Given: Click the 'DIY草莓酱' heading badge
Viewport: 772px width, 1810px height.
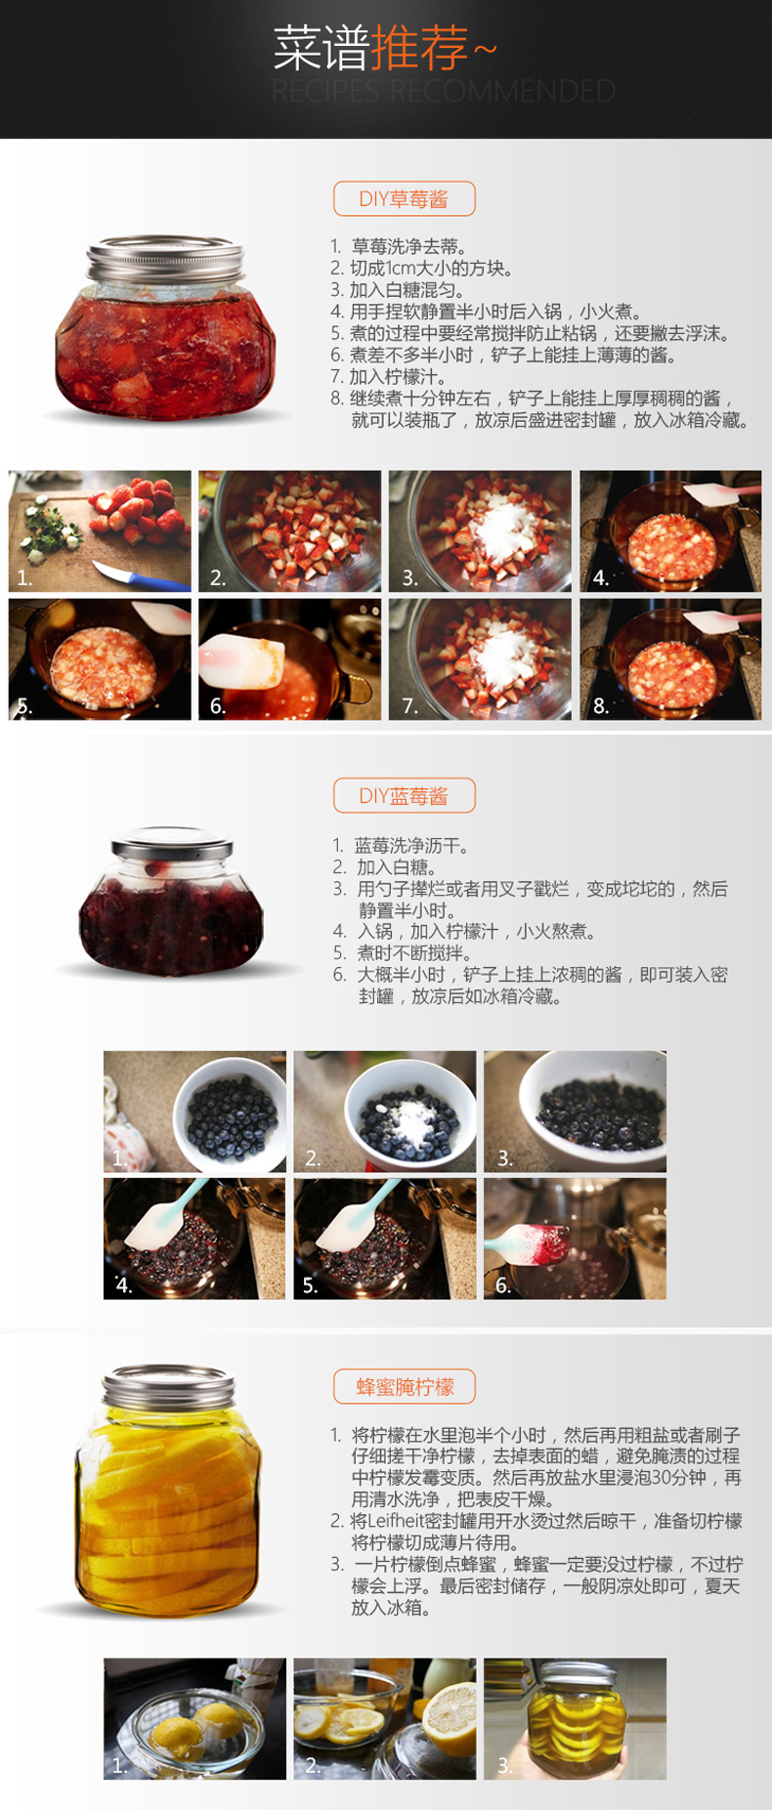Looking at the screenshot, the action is (x=404, y=198).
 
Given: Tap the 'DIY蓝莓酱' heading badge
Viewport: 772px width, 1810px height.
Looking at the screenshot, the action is (x=404, y=795).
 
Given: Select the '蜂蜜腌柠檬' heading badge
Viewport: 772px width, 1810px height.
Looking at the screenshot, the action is (x=404, y=1386).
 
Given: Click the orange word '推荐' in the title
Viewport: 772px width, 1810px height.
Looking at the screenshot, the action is (x=418, y=49).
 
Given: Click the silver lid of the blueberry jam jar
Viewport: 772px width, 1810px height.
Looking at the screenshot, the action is (x=171, y=845).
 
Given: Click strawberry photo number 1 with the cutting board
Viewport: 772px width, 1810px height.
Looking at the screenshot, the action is (x=100, y=530).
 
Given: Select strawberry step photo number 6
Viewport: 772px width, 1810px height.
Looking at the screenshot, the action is (x=290, y=659).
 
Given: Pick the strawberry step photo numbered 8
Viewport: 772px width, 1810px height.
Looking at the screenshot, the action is (x=670, y=659).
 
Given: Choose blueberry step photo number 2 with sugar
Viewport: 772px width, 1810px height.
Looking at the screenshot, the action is (x=385, y=1112).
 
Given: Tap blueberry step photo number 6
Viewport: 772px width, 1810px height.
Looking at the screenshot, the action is (x=575, y=1239).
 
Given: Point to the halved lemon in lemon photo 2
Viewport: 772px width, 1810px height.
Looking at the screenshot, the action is (x=450, y=1712).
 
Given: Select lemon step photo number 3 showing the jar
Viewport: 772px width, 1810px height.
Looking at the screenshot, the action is (x=575, y=1718).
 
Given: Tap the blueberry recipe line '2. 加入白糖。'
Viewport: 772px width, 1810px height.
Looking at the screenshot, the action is (x=384, y=867).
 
